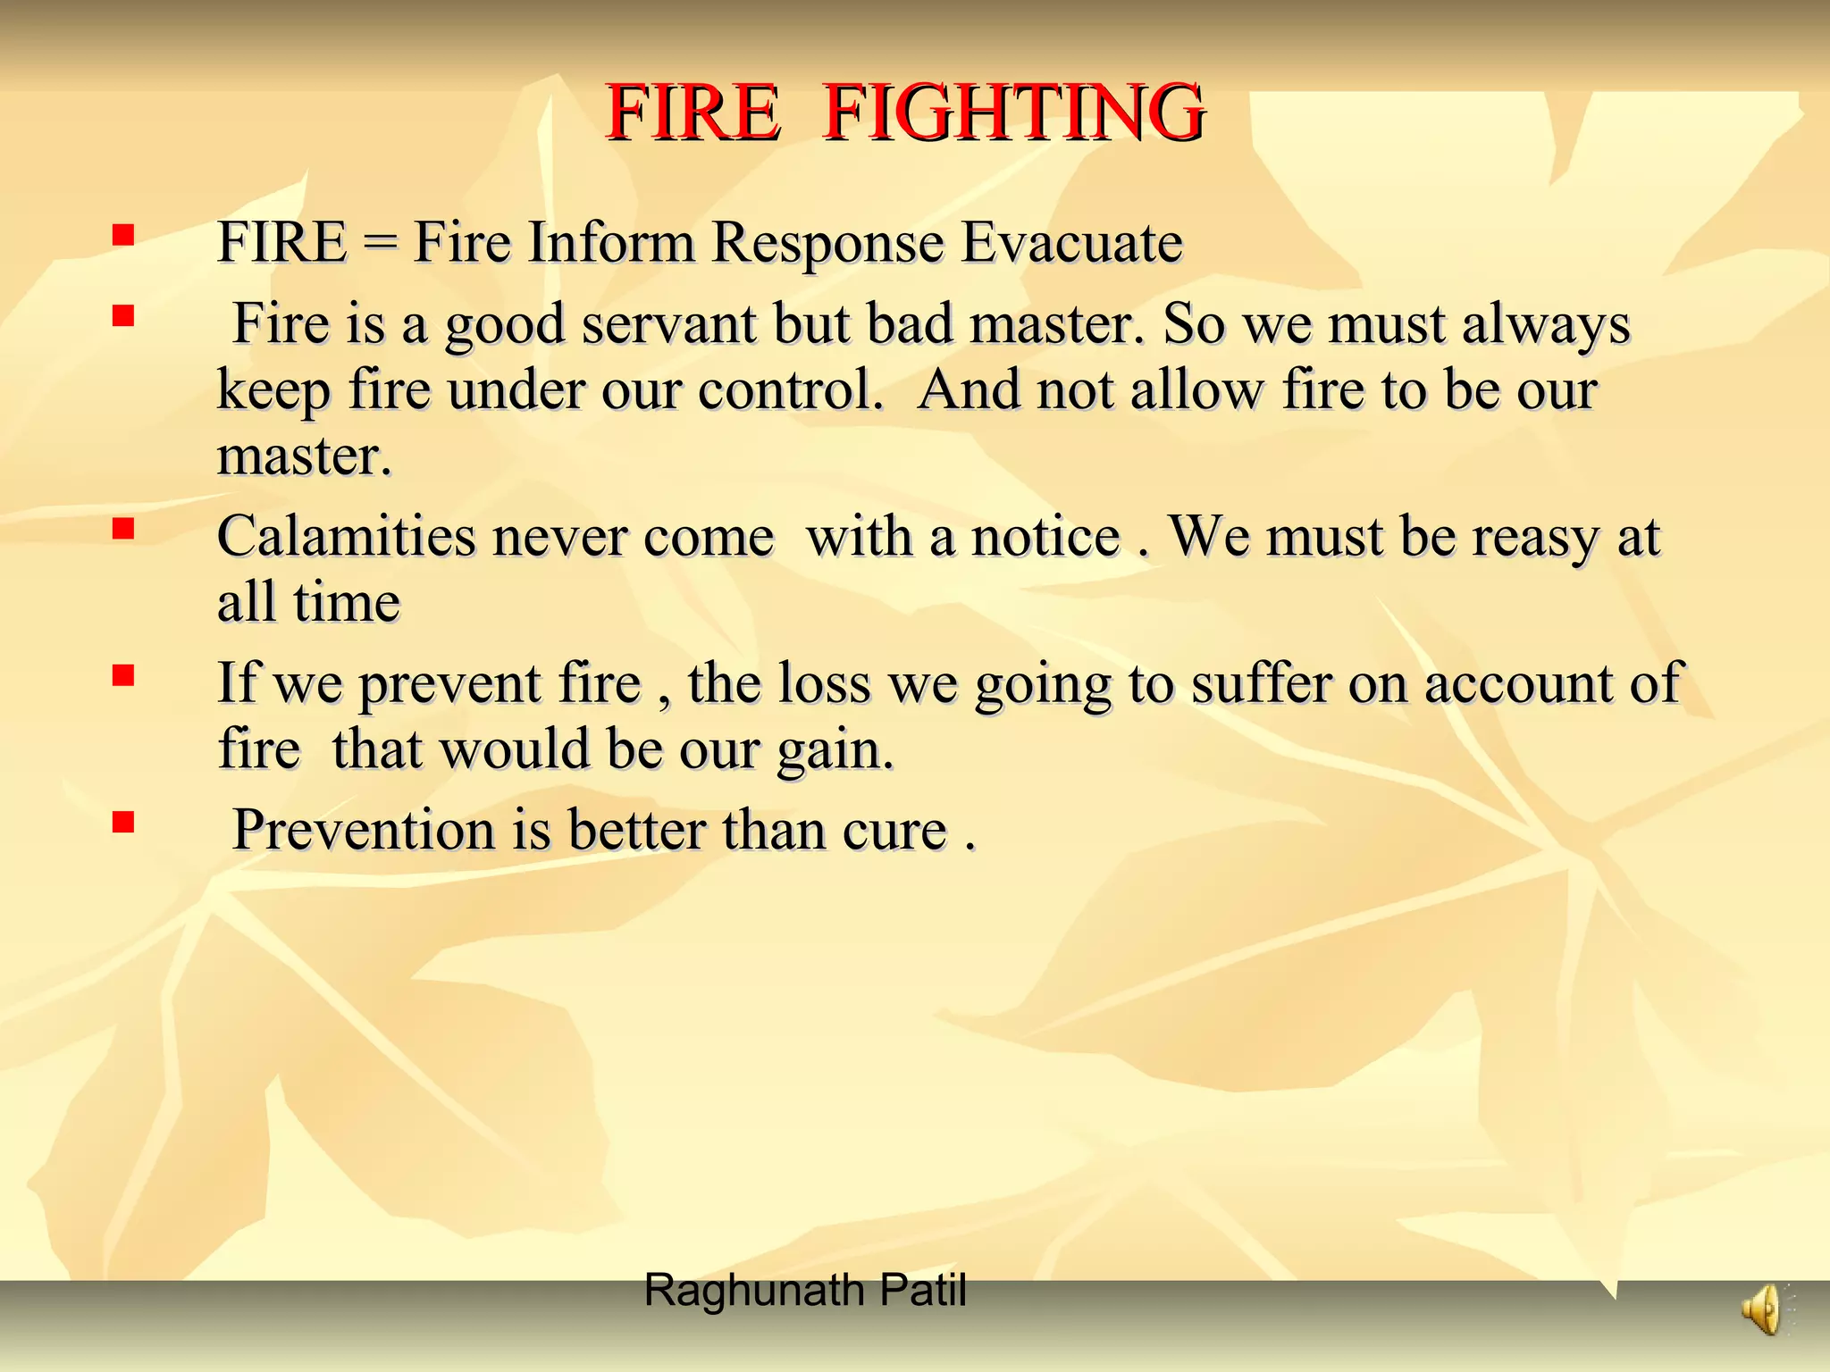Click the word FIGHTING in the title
point(1013,113)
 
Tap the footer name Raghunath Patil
point(804,1291)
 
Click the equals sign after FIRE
point(380,244)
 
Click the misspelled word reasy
point(1535,539)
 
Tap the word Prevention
point(363,830)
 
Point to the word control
point(789,390)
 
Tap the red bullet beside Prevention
point(123,822)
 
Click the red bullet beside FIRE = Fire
point(123,235)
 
